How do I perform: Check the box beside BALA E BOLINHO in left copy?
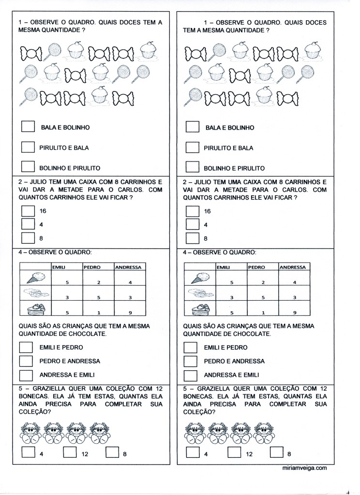pyautogui.click(x=28, y=127)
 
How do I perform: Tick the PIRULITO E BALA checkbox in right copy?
pyautogui.click(x=193, y=147)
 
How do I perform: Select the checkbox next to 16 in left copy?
pyautogui.click(x=28, y=211)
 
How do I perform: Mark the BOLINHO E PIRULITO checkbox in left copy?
pyautogui.click(x=28, y=167)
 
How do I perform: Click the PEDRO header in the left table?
pyautogui.click(x=91, y=266)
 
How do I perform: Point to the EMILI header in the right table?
pyautogui.click(x=223, y=267)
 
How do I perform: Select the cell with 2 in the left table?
pyautogui.click(x=98, y=282)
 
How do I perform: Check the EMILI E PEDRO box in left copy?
pyautogui.click(x=26, y=347)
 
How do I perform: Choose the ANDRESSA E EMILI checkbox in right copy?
pyautogui.click(x=191, y=375)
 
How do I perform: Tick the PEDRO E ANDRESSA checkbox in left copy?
pyautogui.click(x=26, y=361)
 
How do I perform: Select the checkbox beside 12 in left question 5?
pyautogui.click(x=70, y=453)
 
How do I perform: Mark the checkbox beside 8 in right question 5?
pyautogui.click(x=277, y=453)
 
